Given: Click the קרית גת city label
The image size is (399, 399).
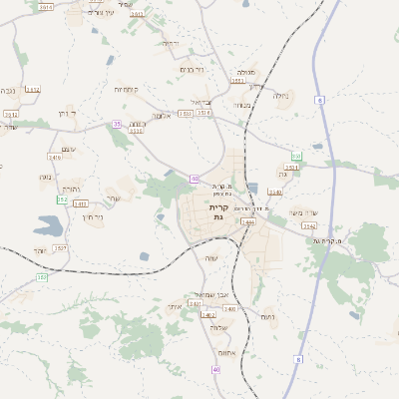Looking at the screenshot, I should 218,211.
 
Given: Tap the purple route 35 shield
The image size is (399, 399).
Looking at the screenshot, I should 117,125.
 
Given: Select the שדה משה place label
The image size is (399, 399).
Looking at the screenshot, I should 302,212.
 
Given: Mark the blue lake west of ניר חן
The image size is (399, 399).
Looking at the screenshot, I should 47,225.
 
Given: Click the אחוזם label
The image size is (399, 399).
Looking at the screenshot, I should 223,352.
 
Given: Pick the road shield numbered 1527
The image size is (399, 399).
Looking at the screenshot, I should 60,247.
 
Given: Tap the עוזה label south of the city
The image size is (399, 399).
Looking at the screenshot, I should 210,258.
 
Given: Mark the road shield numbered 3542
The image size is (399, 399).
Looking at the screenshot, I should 309,226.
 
